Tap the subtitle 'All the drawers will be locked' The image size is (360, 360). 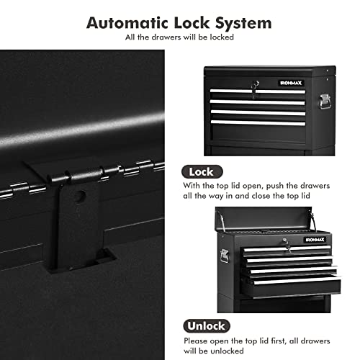click(x=179, y=36)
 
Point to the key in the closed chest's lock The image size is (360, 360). click(x=253, y=87)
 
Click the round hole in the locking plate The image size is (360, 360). click(x=81, y=195)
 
